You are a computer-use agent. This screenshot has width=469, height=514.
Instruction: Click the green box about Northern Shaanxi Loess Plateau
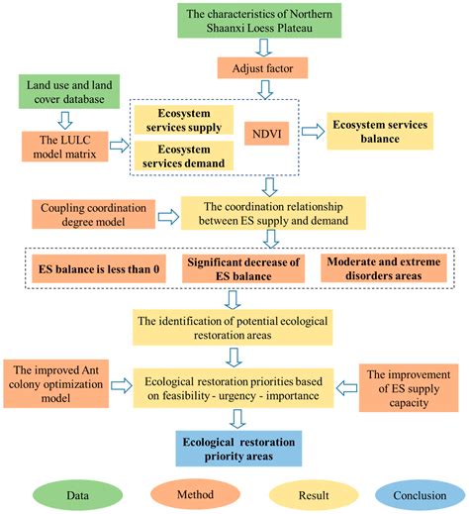tap(258, 23)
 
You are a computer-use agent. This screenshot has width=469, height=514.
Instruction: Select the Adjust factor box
tap(260, 69)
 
